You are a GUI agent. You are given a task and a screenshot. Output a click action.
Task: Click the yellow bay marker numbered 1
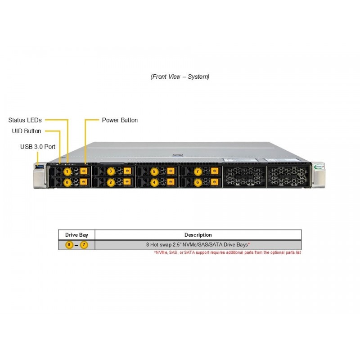coord(67,171)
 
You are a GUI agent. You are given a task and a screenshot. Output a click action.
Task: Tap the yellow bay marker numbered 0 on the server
coord(67,183)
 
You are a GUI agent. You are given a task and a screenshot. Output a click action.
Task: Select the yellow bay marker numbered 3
coord(111,171)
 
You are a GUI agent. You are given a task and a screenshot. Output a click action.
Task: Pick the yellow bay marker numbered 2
coord(111,183)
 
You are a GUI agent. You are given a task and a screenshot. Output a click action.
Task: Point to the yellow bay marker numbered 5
coord(154,171)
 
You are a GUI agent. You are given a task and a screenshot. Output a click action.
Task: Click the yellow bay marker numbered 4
coord(154,183)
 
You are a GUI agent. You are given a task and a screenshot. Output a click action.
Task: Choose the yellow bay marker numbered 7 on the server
coord(198,171)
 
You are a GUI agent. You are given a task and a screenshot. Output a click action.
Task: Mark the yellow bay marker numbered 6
coord(198,183)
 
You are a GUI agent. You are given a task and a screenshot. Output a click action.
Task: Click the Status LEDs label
coord(25,120)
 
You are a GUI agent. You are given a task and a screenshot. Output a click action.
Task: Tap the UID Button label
coord(27,131)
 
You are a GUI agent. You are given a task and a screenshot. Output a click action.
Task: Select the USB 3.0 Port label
coord(38,147)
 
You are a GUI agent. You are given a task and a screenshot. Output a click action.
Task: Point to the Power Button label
coord(120,120)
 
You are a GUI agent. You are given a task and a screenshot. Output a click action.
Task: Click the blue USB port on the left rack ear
coord(40,166)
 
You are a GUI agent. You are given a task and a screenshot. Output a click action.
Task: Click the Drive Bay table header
coord(76,235)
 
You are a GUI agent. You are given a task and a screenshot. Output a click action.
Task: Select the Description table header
coord(198,235)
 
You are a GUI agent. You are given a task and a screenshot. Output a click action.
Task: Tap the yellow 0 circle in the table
coord(69,245)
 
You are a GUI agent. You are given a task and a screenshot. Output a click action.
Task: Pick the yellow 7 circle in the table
coord(84,245)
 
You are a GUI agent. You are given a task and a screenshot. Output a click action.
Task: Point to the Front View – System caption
coord(180,76)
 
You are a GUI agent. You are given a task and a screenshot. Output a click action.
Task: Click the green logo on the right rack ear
coord(319,166)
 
